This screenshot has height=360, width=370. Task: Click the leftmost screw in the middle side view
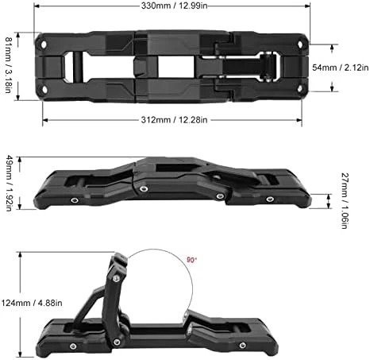tap(74, 202)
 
